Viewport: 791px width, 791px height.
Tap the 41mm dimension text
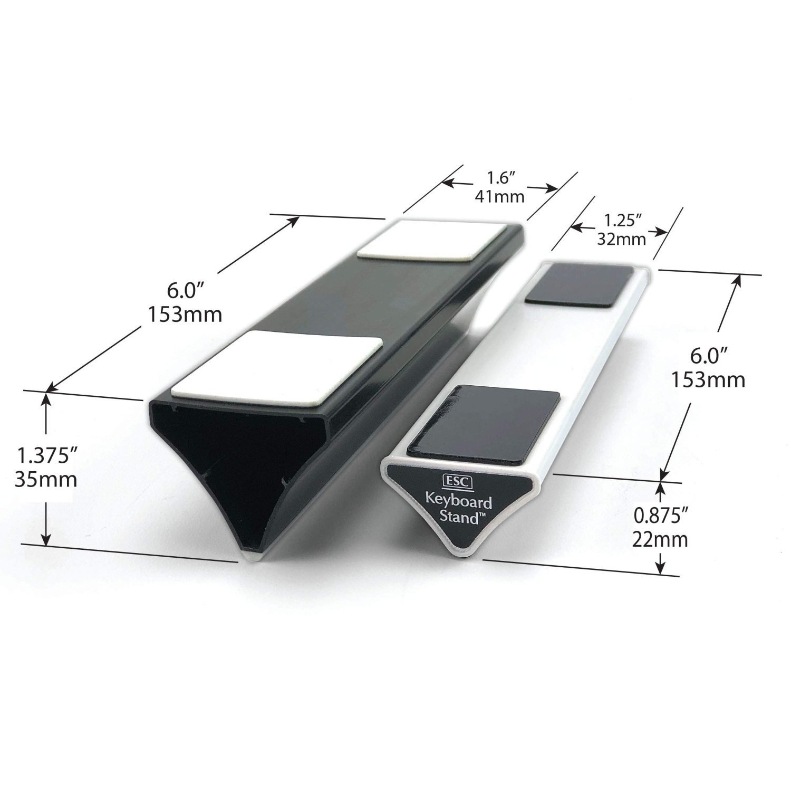coord(499,197)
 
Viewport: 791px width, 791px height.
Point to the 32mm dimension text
coord(621,239)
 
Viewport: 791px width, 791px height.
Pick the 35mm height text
coord(46,479)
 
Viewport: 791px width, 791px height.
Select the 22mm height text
coord(660,539)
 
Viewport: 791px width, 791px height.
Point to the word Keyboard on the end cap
coord(458,501)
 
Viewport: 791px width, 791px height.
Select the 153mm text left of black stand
coord(184,315)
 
